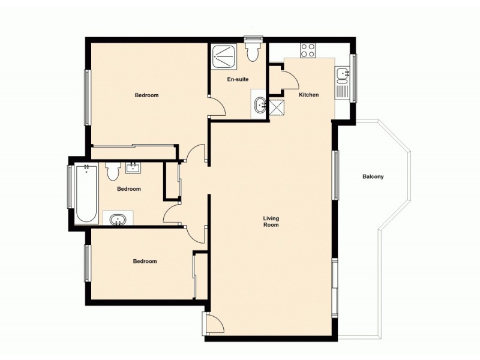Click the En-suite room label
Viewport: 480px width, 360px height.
coord(238,79)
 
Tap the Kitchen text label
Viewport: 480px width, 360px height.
coord(308,95)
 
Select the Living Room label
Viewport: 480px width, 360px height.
coord(271,221)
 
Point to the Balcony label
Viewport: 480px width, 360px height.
coord(373,177)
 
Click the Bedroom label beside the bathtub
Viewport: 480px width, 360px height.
coord(128,189)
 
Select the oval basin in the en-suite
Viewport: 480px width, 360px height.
coord(260,105)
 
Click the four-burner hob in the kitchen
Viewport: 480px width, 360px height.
coord(308,50)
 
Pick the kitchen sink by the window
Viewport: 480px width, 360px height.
coord(342,74)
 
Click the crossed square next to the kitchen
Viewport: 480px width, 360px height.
coord(277,107)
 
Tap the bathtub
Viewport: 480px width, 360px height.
coord(86,192)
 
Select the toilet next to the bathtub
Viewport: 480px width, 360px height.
coord(112,172)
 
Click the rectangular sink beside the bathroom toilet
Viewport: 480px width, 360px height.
coord(133,168)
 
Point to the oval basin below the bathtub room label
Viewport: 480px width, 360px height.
coord(118,218)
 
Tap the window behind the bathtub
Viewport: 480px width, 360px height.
coord(70,186)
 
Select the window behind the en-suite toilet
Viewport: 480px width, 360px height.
coord(253,40)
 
